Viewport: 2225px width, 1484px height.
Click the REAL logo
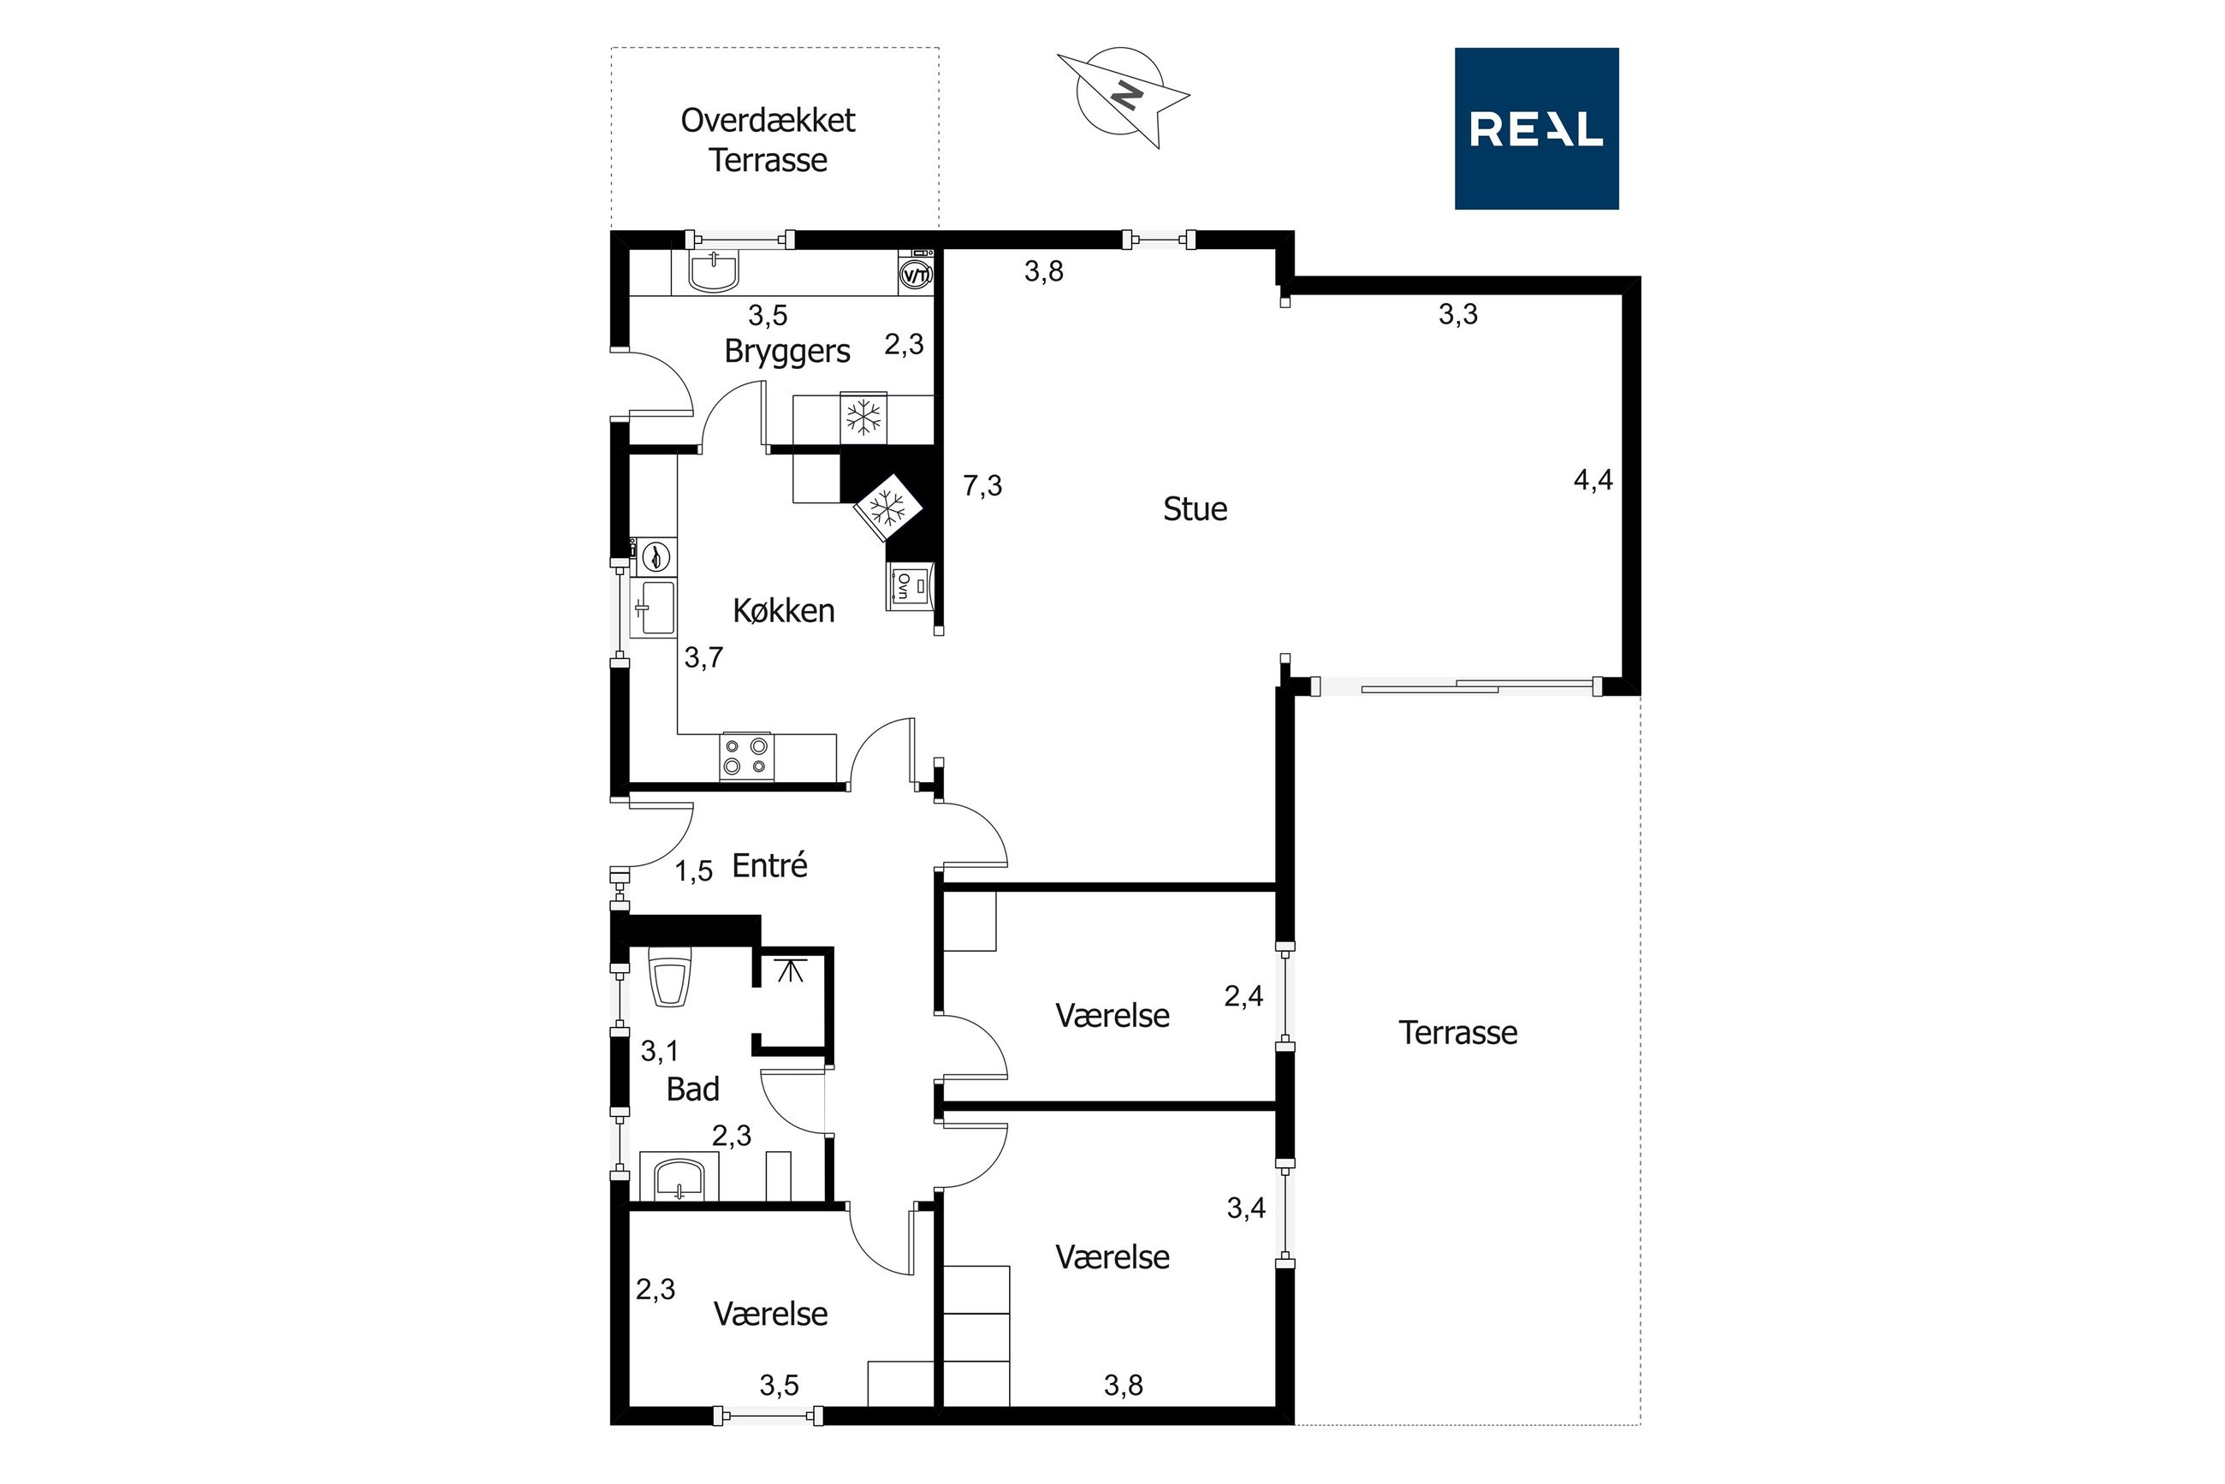click(x=1536, y=128)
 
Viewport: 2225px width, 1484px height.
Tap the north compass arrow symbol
click(x=1123, y=97)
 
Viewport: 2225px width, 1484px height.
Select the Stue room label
click(x=1195, y=509)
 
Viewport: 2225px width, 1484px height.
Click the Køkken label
click(x=784, y=610)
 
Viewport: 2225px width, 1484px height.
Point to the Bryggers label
click(x=787, y=352)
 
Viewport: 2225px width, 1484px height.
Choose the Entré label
click(x=769, y=865)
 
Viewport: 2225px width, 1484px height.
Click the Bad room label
click(x=693, y=1089)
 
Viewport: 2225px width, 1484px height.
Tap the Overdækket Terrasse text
click(x=768, y=140)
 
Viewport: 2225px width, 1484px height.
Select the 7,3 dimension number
click(x=982, y=485)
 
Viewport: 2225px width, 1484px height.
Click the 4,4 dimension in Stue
click(x=1593, y=481)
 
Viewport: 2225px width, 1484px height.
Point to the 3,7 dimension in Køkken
click(x=703, y=658)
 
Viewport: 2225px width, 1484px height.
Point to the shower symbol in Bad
click(x=790, y=971)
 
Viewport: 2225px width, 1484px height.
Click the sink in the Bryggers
click(x=713, y=272)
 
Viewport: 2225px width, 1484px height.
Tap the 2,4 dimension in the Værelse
click(x=1243, y=995)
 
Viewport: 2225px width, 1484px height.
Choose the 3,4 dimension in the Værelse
click(x=1246, y=1208)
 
